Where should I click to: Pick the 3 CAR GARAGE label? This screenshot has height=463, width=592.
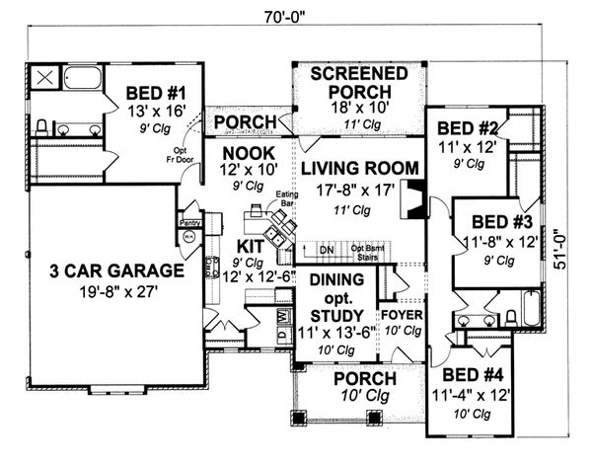coord(105,269)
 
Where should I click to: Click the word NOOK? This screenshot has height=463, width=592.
coord(241,153)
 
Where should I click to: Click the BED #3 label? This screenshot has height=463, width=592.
coord(502,221)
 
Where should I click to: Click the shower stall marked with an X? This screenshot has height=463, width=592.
coord(44,78)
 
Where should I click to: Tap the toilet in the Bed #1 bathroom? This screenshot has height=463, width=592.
coord(41,125)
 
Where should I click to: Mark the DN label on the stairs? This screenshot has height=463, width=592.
coord(326,251)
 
